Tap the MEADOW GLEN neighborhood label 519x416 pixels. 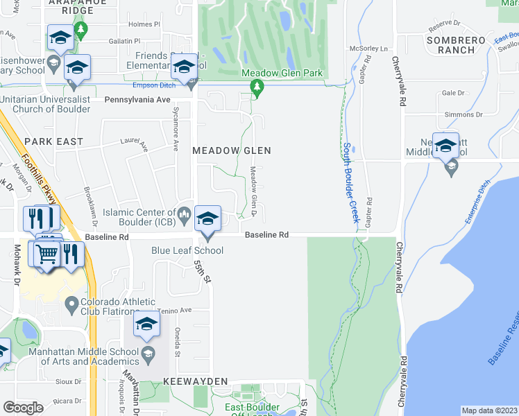(231, 150)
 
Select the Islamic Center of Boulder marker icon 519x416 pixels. (184, 213)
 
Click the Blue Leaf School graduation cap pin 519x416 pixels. (207, 219)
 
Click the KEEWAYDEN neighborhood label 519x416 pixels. (196, 382)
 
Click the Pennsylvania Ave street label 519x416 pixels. (137, 100)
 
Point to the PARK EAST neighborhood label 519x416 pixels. (54, 141)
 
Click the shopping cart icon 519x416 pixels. (47, 254)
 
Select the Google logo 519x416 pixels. (23, 407)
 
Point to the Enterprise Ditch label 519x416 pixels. (477, 201)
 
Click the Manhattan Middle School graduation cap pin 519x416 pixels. (146, 327)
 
